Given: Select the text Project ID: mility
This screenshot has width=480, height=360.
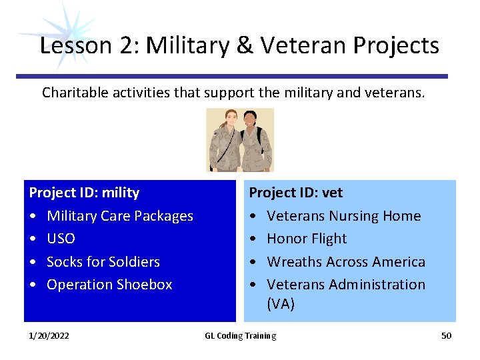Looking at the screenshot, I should [84, 193].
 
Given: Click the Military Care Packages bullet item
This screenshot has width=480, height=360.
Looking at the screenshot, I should [119, 216].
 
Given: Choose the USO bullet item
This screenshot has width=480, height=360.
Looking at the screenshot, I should [61, 239].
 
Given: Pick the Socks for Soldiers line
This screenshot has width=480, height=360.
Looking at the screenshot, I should [103, 261].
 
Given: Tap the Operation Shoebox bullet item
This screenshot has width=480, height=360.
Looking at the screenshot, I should [109, 285].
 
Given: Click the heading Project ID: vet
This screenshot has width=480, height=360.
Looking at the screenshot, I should [295, 193].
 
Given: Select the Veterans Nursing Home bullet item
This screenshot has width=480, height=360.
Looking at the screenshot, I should [343, 216].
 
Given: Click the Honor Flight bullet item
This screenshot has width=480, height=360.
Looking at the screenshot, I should [307, 239].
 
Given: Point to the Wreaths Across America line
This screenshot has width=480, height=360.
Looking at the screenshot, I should [345, 261].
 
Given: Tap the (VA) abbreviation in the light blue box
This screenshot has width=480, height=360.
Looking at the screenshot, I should [281, 304].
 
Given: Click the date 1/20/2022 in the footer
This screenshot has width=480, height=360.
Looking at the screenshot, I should [49, 335].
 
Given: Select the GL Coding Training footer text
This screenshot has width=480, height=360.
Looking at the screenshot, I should [240, 335].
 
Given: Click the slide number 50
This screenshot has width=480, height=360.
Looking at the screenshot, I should [446, 335].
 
